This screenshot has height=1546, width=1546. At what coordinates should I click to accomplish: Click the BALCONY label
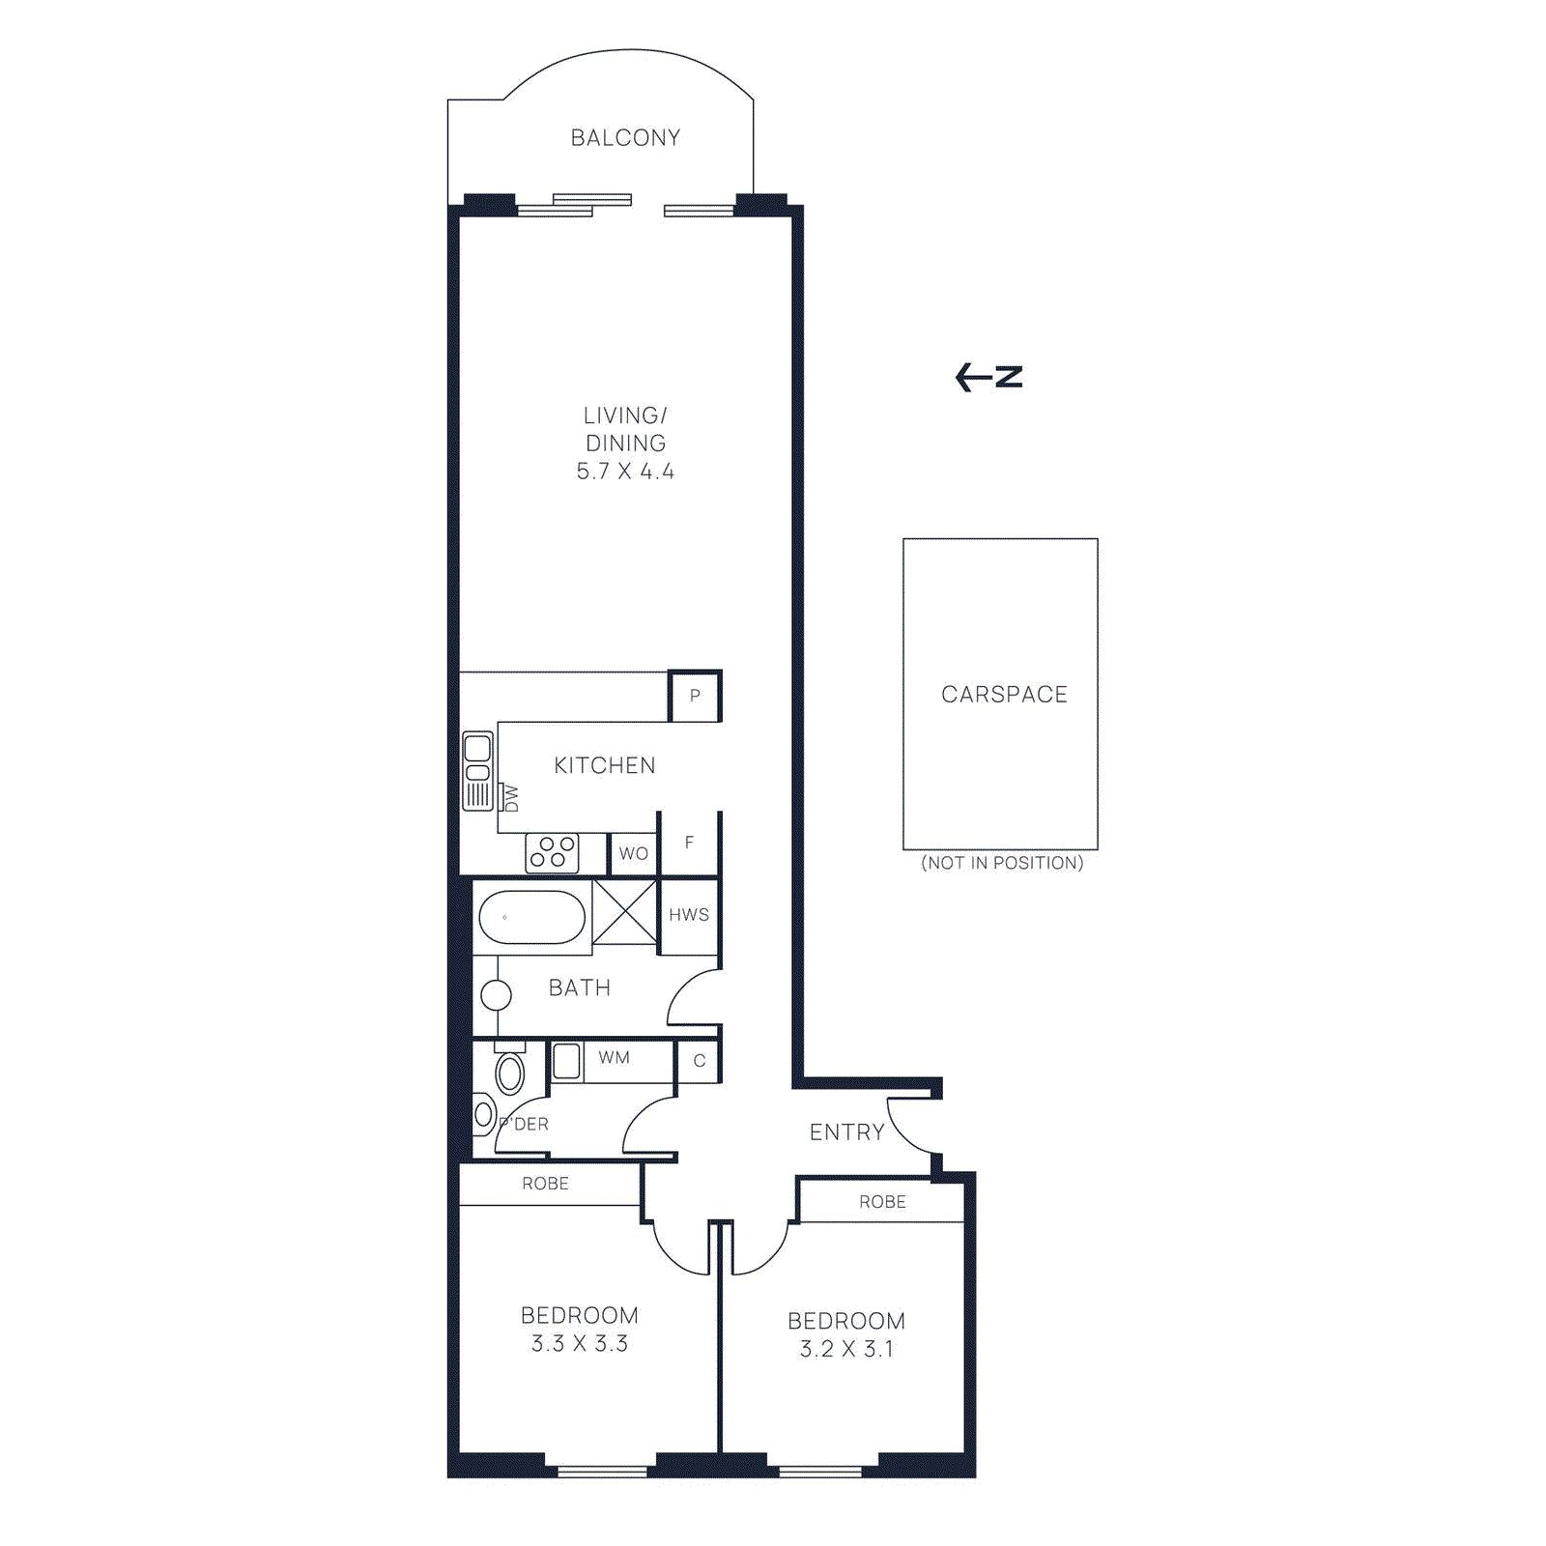(x=625, y=138)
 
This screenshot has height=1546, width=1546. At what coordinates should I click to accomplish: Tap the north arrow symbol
(x=988, y=377)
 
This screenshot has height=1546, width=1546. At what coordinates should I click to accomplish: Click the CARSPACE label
(x=1004, y=695)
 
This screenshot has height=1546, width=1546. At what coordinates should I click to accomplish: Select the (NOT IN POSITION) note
(x=1002, y=863)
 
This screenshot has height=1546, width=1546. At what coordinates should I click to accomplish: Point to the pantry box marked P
(x=695, y=696)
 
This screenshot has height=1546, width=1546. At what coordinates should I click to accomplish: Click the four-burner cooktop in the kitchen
(x=552, y=852)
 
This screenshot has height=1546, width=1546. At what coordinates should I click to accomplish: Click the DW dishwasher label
(x=511, y=798)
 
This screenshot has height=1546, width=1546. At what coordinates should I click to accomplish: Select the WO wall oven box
(x=634, y=853)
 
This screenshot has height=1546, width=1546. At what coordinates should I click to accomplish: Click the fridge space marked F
(x=689, y=843)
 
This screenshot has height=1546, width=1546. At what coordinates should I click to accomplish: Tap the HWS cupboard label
(x=689, y=915)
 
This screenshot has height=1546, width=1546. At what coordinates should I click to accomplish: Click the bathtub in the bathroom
(x=532, y=917)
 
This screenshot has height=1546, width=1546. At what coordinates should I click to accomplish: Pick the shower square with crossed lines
(x=624, y=911)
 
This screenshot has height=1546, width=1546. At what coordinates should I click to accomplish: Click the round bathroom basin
(x=496, y=994)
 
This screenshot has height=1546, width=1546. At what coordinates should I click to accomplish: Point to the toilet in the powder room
(x=509, y=1072)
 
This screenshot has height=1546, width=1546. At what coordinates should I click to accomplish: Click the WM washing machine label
(x=614, y=1058)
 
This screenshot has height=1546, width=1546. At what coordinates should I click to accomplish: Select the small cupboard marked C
(x=700, y=1061)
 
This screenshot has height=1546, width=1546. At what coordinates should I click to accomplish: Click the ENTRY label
(x=846, y=1132)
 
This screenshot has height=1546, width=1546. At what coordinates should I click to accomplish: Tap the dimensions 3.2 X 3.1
(x=846, y=1349)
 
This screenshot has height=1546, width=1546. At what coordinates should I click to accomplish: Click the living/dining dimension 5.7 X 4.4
(x=625, y=472)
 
